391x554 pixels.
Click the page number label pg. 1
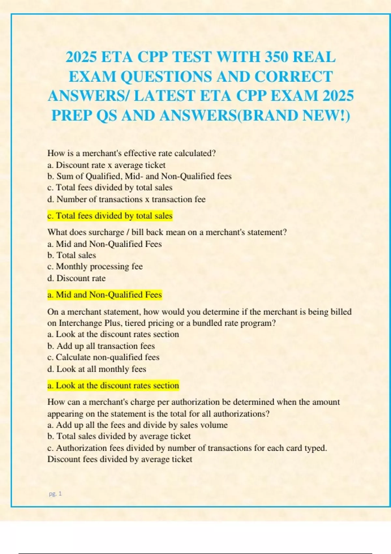point(55,494)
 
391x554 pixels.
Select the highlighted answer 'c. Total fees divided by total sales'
point(110,216)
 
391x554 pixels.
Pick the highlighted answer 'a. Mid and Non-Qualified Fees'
point(105,295)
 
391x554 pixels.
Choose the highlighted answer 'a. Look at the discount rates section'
point(113,386)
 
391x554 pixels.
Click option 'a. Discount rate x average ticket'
point(106,165)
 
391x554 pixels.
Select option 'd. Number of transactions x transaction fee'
point(126,199)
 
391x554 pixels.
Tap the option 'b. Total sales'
point(72,255)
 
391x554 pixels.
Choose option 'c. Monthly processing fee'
point(95,267)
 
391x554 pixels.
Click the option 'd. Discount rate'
point(77,278)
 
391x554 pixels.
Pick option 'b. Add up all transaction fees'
point(101,346)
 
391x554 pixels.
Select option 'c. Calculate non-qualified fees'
point(103,357)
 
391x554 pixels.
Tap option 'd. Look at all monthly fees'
point(97,369)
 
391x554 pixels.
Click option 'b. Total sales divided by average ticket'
point(119,436)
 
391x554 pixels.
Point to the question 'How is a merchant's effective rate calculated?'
point(132,153)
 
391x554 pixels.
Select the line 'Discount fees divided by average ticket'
point(120,459)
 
